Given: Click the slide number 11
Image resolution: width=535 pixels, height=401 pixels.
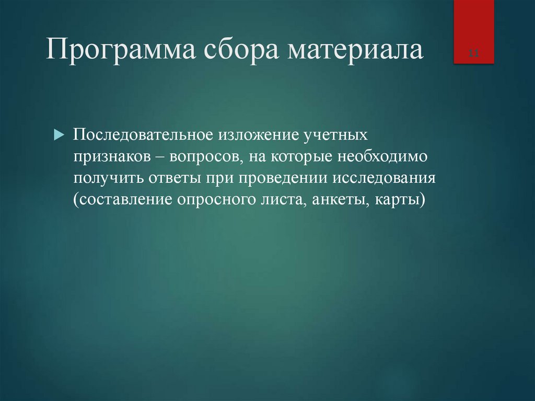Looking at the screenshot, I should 474,54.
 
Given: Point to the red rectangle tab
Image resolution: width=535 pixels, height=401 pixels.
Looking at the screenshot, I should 474,31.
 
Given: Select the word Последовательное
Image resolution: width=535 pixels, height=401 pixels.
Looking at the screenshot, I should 142,135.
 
